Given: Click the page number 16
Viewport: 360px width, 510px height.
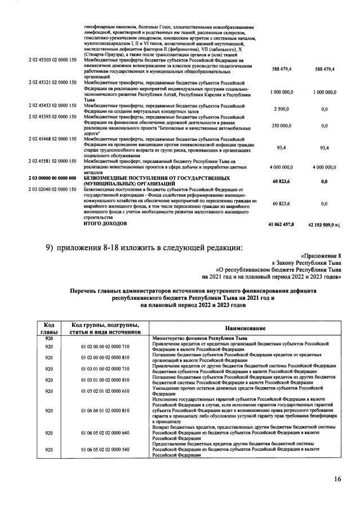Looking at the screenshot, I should pyautogui.click(x=336, y=479).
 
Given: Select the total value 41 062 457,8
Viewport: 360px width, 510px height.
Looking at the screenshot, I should pyautogui.click(x=282, y=224).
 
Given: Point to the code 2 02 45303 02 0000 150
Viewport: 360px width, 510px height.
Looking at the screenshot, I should pyautogui.click(x=52, y=59).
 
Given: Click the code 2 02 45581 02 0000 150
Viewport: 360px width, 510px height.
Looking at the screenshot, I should pyautogui.click(x=52, y=161).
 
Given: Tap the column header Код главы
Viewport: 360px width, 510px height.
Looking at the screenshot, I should pyautogui.click(x=48, y=329).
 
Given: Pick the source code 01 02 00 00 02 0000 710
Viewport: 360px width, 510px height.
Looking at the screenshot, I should pyautogui.click(x=105, y=346).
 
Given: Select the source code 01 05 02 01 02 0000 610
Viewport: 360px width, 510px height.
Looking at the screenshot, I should pyautogui.click(x=105, y=391).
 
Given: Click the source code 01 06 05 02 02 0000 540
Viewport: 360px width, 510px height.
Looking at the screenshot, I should pyautogui.click(x=105, y=450).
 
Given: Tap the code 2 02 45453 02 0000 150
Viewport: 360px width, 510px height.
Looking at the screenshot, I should pyautogui.click(x=52, y=105).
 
